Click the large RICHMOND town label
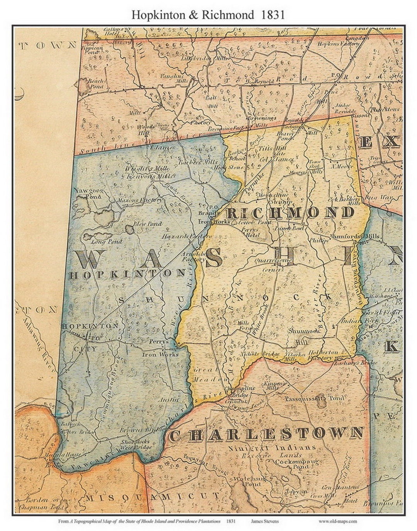(x=290, y=213)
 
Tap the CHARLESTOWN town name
(x=266, y=435)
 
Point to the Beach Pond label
(x=95, y=83)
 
